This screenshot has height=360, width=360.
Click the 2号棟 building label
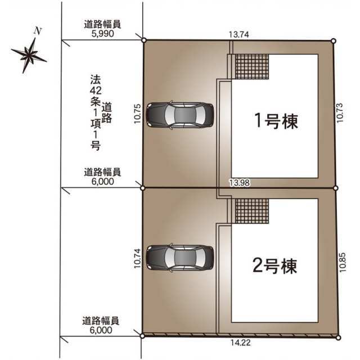(x=275, y=265)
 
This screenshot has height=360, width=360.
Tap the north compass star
(x=29, y=55)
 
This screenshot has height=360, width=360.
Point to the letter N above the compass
(x=38, y=31)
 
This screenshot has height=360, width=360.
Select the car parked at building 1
(x=180, y=115)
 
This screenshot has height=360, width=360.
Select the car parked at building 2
(x=180, y=256)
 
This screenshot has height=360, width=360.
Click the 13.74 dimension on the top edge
(x=238, y=35)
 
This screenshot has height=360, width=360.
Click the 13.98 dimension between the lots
(x=240, y=183)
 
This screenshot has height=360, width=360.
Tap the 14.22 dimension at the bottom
(x=240, y=343)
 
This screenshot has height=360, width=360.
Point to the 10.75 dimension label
(x=137, y=114)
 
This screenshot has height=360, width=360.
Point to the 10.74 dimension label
(x=137, y=258)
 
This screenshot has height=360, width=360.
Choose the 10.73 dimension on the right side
(x=340, y=112)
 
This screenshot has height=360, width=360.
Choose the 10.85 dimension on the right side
(x=343, y=262)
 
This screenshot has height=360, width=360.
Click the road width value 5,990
(x=102, y=34)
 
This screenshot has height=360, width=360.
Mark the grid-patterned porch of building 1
(x=252, y=66)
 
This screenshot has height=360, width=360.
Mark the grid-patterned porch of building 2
(x=252, y=211)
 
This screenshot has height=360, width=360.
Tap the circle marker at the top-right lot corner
(x=334, y=41)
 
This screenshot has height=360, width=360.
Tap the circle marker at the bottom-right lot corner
(x=337, y=337)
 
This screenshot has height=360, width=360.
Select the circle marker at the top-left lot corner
(x=144, y=40)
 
